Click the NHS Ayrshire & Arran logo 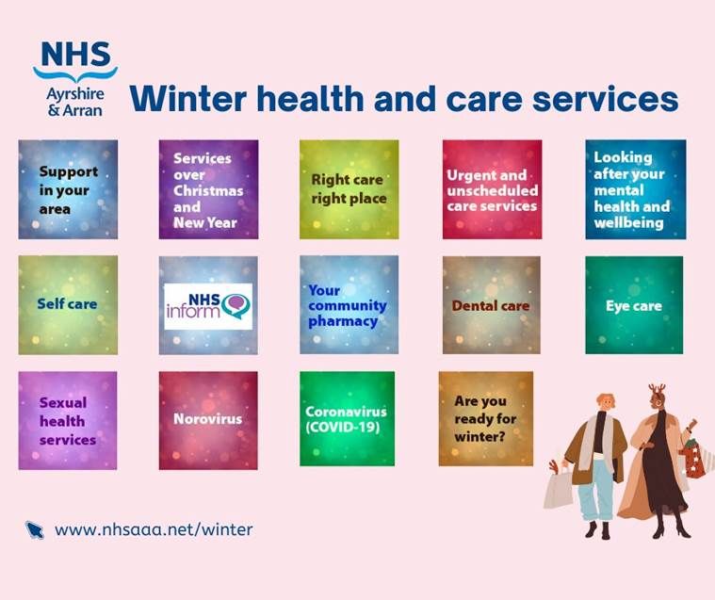[x=75, y=79]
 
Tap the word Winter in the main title [x=187, y=99]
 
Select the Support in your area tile [x=68, y=189]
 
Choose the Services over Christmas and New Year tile [x=208, y=189]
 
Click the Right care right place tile [x=349, y=189]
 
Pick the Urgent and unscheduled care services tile [x=492, y=189]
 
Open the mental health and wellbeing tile [x=636, y=189]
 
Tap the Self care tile [x=68, y=305]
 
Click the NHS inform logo [x=208, y=306]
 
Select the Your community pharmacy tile [x=349, y=304]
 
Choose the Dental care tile [x=491, y=305]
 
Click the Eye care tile [x=634, y=305]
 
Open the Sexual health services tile [x=68, y=420]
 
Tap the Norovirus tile [x=208, y=420]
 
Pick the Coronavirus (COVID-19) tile [x=347, y=418]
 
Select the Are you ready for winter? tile [x=486, y=418]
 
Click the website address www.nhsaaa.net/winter [x=154, y=529]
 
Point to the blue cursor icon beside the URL [x=35, y=530]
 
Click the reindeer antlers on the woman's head [x=658, y=389]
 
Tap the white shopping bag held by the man [x=558, y=489]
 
